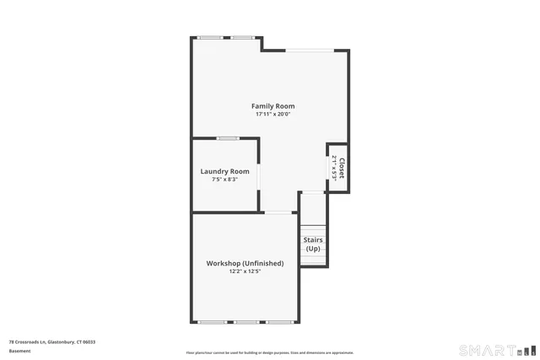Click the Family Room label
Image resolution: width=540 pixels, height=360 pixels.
(273, 105)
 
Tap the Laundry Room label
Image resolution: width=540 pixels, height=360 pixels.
(224, 171)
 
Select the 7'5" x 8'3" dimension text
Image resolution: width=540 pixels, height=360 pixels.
(224, 179)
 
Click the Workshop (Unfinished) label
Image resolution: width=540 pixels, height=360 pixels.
(245, 263)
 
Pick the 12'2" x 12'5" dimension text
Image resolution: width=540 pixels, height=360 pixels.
(245, 271)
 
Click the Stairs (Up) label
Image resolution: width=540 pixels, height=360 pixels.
(313, 244)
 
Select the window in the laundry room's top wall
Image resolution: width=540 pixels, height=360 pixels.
(227, 138)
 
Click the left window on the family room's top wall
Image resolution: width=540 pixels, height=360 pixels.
(210, 37)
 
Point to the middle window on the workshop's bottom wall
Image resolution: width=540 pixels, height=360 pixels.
(246, 322)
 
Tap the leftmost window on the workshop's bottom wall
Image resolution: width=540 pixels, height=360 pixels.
(212, 322)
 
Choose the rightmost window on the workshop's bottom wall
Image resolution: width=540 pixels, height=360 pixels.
(280, 322)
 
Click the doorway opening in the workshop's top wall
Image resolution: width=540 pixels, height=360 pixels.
(278, 212)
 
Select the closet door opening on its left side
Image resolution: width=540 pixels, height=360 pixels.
(328, 167)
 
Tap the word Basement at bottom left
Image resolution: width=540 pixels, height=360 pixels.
(19, 351)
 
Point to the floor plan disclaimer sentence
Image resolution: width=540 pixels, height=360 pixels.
(270, 352)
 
